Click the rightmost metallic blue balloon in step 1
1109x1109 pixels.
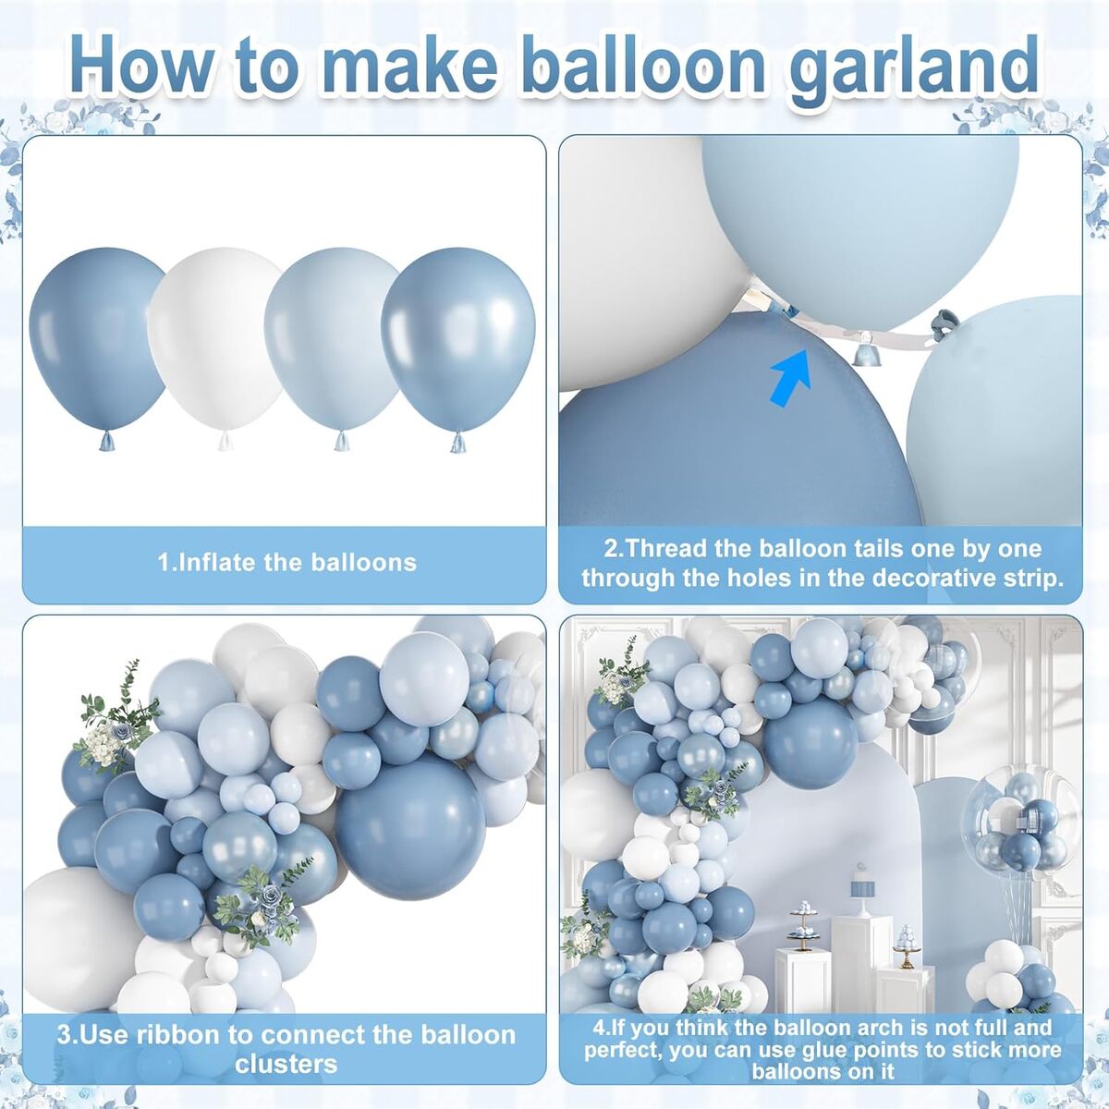pos(457,339)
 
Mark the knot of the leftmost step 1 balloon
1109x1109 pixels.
pos(108,442)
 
